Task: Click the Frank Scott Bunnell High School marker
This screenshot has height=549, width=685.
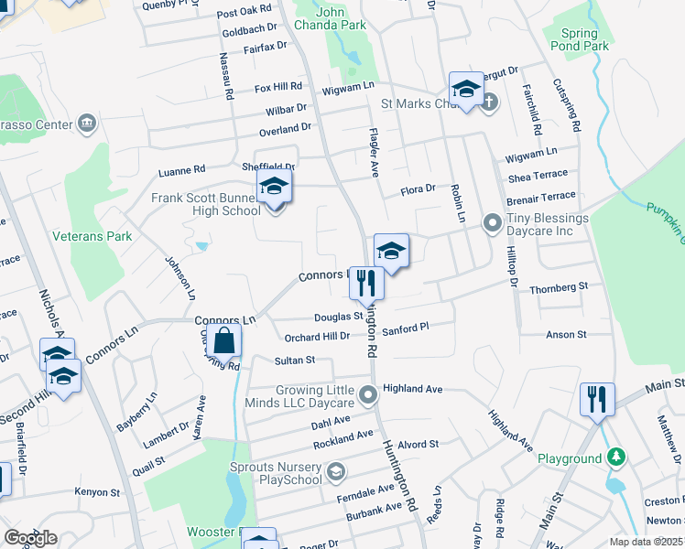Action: coord(274,189)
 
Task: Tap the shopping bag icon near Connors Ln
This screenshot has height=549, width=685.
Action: coord(224,343)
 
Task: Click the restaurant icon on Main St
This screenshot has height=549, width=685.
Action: coord(595,399)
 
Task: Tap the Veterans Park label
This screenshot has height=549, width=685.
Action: coord(92,236)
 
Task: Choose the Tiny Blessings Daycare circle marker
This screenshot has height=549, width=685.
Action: coord(493,221)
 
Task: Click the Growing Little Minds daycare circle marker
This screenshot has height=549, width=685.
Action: coord(368,395)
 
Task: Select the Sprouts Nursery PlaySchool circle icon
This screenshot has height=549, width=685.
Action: coord(336,471)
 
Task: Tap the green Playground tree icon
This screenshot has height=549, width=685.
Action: coord(618,457)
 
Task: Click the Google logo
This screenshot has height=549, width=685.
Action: coord(30,537)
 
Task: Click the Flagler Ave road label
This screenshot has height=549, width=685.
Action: coord(374,152)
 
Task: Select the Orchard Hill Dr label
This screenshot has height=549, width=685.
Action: coord(318,336)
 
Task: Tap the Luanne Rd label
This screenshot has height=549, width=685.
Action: coord(181,169)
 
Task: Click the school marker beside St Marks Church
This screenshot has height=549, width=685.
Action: coord(466,91)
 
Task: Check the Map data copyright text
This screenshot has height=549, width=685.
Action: coord(647,542)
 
